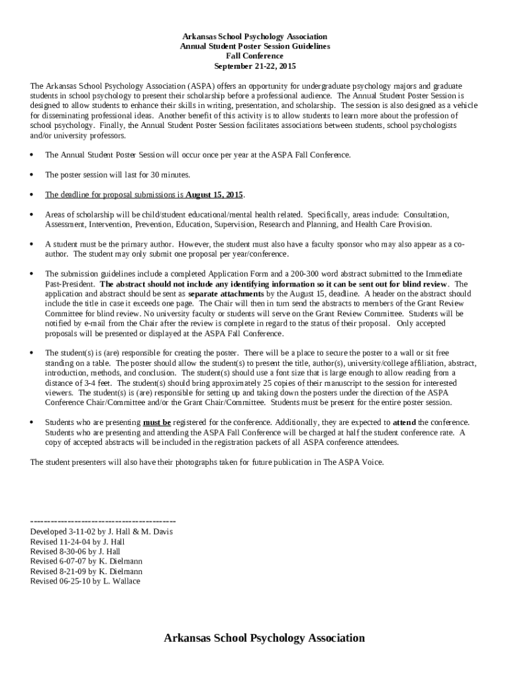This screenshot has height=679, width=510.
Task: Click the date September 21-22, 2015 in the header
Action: tap(255, 67)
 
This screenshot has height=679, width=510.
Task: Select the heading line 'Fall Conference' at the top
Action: tap(255, 57)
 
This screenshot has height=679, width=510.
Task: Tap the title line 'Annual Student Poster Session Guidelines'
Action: tap(255, 46)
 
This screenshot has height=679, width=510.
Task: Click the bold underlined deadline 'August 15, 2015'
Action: tap(214, 195)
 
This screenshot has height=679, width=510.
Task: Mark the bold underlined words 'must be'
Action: tap(157, 422)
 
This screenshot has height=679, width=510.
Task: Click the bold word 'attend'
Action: tap(405, 422)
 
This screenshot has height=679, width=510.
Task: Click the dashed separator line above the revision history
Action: tap(103, 521)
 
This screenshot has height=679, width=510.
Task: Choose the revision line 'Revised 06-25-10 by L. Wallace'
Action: tap(85, 582)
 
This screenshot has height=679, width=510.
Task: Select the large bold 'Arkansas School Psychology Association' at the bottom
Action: tap(264, 638)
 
